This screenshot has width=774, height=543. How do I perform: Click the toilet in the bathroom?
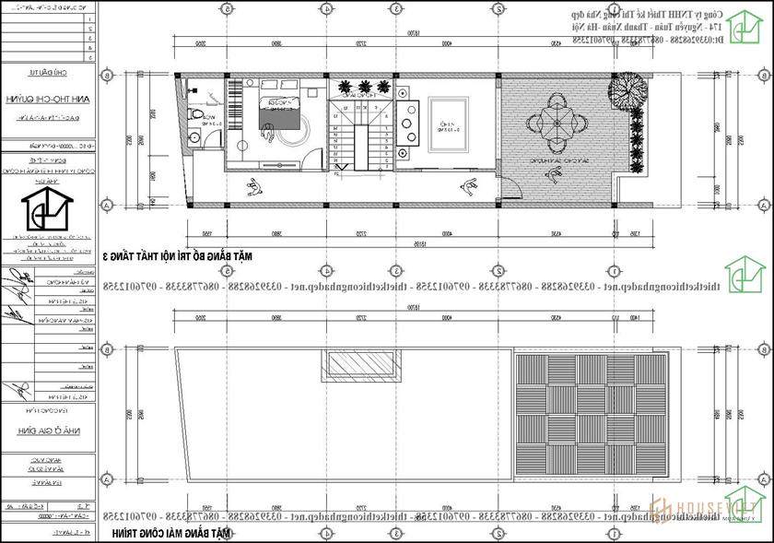195,114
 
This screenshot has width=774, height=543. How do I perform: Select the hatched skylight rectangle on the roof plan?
360,366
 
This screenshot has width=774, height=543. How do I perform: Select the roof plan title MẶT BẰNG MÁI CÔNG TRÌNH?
170,534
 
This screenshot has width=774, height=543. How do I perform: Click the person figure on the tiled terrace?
470,187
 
